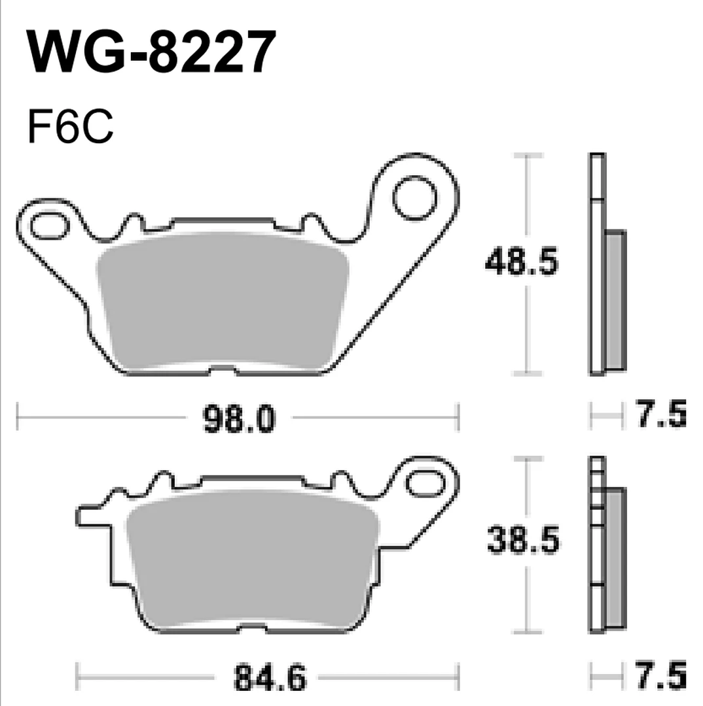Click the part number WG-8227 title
point(151,52)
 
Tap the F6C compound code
point(70,127)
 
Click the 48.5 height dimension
point(522,261)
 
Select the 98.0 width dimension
point(239,419)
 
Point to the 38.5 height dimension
point(523,539)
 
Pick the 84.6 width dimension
point(270,677)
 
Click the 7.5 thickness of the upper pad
point(662,413)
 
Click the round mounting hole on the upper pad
point(415,198)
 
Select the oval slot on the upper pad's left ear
point(49,226)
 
